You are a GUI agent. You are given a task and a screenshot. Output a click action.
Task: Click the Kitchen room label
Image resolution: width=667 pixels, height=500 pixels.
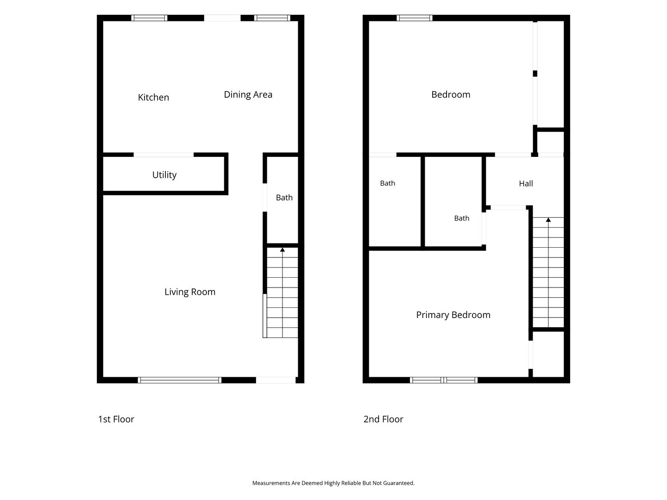tap(153, 97)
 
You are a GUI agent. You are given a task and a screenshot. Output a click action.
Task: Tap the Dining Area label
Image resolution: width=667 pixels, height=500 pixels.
tap(248, 94)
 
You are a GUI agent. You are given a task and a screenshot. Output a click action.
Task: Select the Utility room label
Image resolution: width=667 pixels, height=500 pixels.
tap(164, 175)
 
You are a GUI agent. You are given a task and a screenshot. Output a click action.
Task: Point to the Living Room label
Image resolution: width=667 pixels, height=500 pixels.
tap(190, 292)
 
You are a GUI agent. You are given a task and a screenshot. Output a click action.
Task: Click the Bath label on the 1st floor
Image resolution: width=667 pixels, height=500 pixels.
tap(284, 198)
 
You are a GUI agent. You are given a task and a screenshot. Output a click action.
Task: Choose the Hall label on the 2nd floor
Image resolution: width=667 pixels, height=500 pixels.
tap(526, 183)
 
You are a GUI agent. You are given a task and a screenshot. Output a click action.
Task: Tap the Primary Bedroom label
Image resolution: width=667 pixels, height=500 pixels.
tap(453, 315)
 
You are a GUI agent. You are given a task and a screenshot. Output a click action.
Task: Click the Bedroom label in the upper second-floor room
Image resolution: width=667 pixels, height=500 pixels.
tap(451, 94)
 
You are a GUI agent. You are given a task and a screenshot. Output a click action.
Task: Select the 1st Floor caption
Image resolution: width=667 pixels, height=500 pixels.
tap(116, 419)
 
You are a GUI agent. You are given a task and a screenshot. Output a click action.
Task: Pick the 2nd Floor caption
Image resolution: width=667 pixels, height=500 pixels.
tap(383, 419)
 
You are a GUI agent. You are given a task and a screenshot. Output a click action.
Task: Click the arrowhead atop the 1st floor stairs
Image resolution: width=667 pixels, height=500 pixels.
tap(282, 250)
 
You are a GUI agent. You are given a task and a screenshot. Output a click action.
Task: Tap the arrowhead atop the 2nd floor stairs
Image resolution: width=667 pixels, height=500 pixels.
tap(548, 219)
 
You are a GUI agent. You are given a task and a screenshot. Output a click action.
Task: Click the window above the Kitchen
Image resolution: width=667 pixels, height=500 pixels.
tap(149, 18)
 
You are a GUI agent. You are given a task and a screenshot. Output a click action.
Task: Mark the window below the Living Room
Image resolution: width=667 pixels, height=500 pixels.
tap(180, 380)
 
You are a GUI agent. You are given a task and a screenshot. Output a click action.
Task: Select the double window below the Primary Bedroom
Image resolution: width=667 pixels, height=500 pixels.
tap(444, 380)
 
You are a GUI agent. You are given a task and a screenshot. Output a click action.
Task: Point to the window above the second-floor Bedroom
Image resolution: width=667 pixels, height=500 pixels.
tap(415, 18)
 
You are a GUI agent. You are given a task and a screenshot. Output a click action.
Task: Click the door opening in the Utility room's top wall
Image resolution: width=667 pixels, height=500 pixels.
tap(164, 155)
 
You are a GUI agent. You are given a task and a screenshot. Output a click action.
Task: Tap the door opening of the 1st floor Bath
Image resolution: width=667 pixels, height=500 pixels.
tap(264, 197)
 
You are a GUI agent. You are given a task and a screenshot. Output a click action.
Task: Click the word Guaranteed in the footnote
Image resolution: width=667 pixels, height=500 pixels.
tap(399, 483)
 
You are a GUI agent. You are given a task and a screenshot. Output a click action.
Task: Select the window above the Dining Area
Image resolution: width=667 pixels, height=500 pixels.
tap(272, 18)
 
